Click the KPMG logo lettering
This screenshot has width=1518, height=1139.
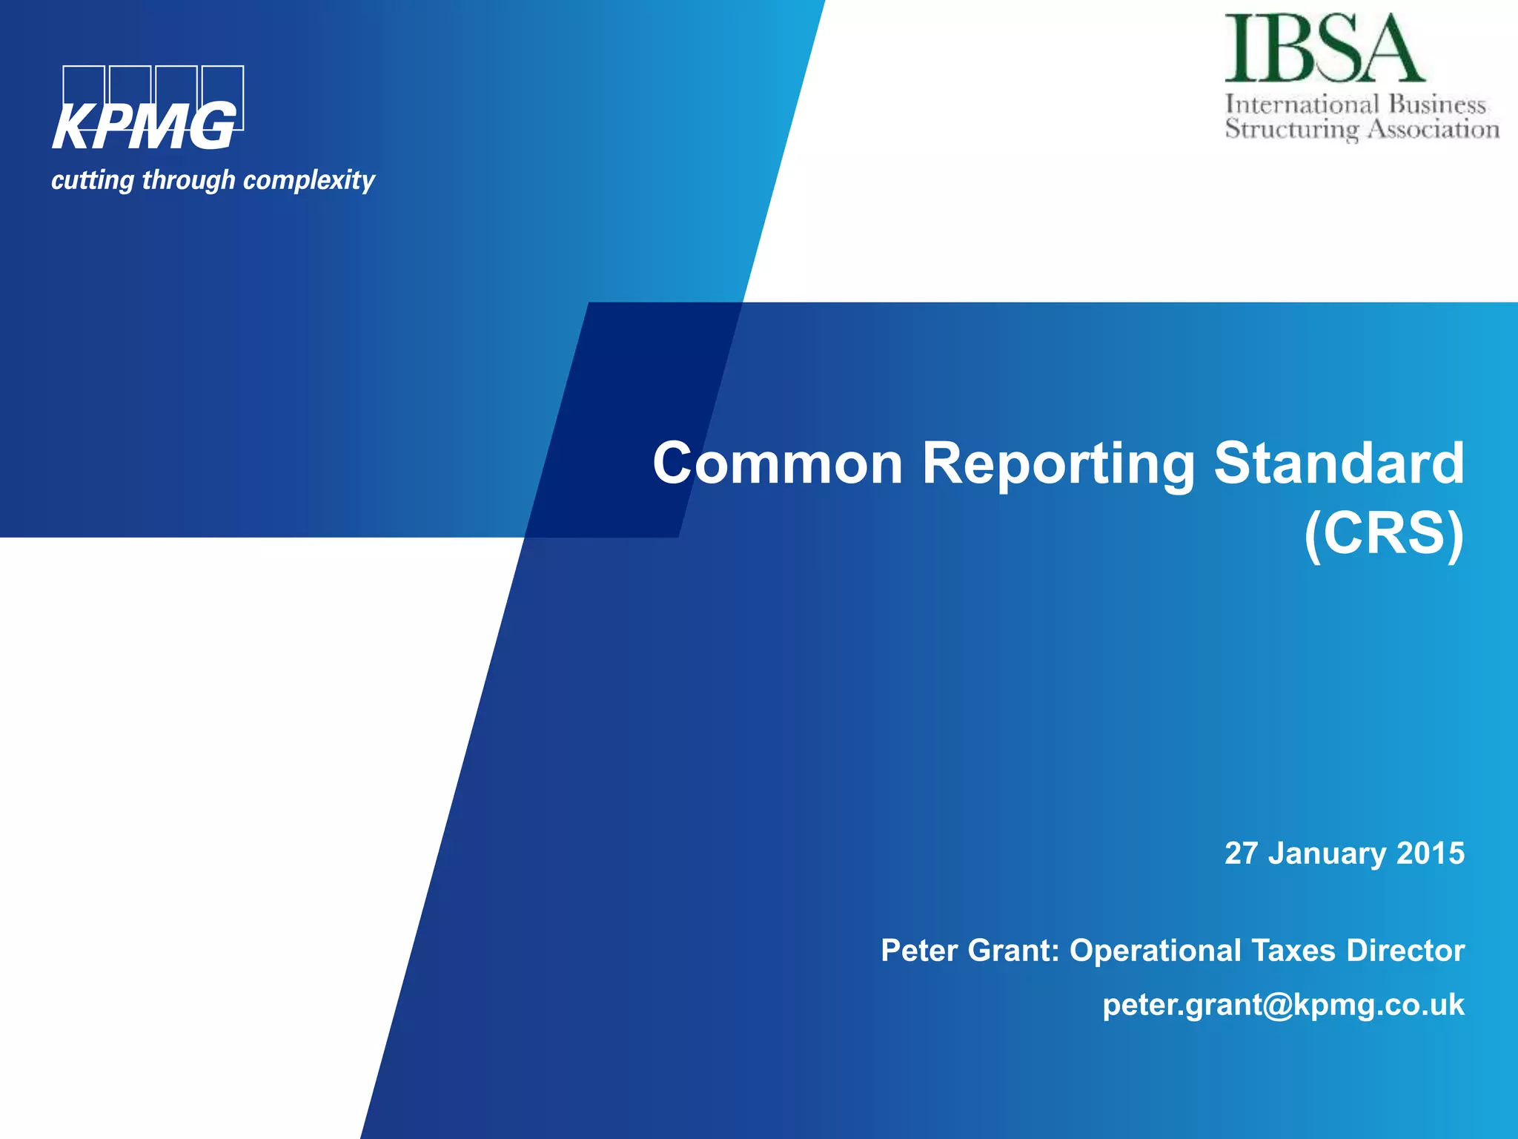145,126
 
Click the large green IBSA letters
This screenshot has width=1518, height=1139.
1324,49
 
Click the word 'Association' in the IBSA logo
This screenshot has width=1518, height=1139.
1433,129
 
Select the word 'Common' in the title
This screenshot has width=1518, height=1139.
778,463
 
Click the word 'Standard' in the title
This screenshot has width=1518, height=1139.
1339,463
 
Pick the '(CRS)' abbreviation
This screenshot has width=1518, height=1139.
1383,533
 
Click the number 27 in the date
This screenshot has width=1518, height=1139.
1241,854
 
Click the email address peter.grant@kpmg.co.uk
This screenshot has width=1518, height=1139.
1283,1006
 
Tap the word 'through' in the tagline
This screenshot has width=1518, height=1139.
188,180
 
